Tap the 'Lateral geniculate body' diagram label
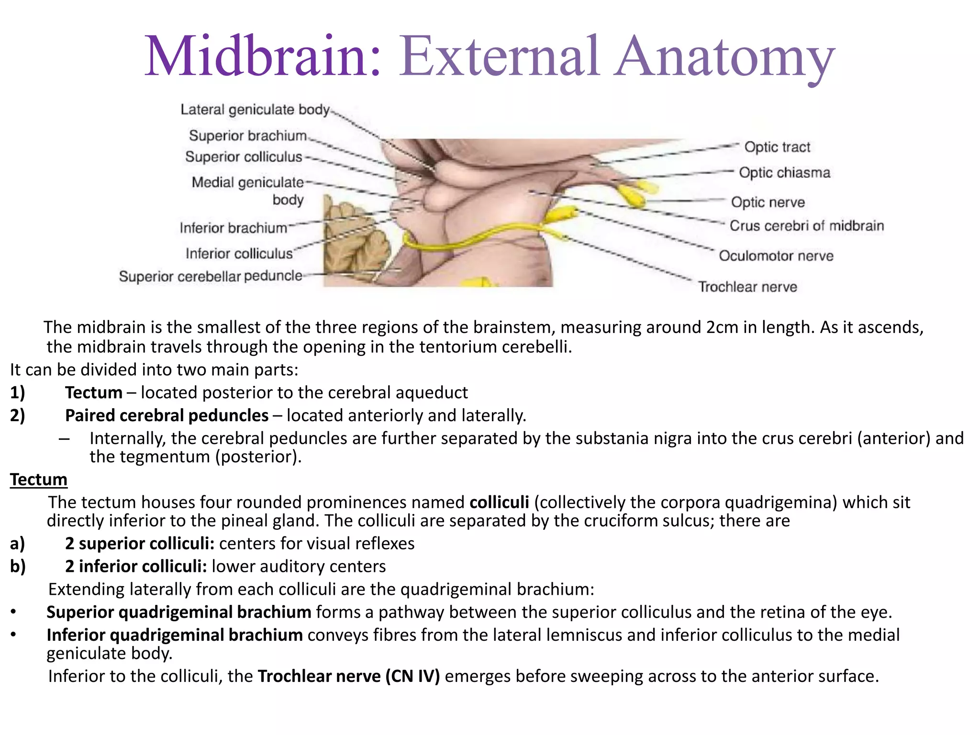pos(255,110)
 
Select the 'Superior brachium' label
pos(248,136)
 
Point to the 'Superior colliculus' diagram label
pos(244,157)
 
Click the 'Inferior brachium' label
pos(234,228)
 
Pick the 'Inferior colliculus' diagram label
pos(239,253)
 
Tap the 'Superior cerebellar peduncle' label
pos(211,276)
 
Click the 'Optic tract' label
pos(777,147)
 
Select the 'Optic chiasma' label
pos(784,173)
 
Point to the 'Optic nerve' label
pos(768,202)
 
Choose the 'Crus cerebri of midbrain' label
pos(806,226)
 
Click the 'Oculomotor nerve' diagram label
pos(776,256)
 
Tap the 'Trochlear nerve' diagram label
pos(747,287)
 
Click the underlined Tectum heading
pos(39,479)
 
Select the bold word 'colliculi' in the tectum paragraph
pos(499,502)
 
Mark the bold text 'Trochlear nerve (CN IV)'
pos(348,676)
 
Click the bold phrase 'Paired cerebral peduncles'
pos(167,415)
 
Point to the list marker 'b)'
pos(18,566)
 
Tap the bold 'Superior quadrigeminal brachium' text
pos(179,612)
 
